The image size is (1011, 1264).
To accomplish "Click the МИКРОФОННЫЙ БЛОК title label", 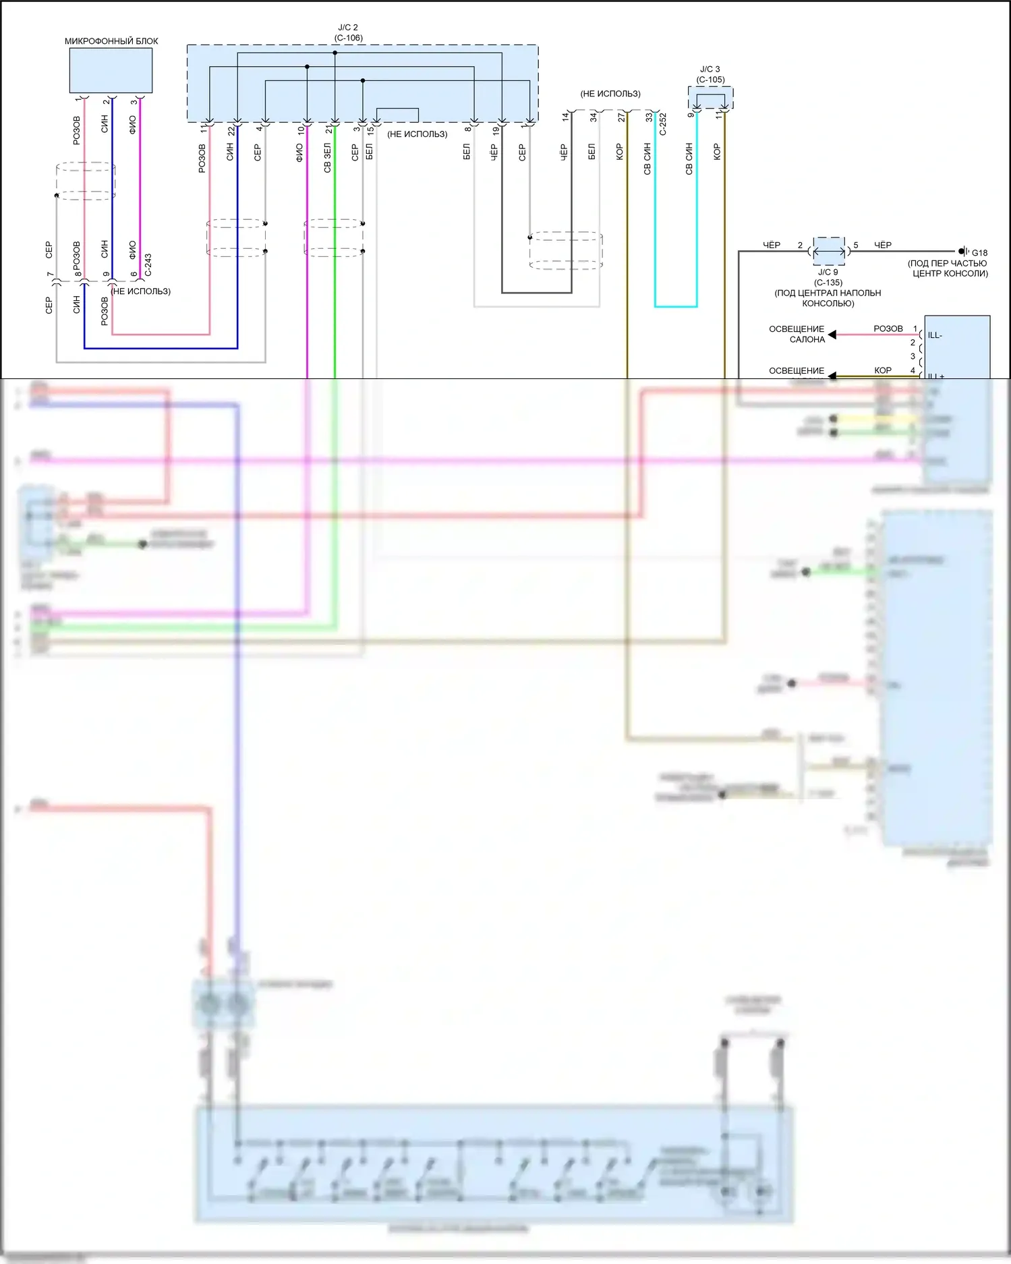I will point(111,41).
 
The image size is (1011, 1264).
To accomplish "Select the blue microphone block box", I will point(111,71).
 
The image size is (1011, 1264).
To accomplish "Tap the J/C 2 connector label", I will point(348,28).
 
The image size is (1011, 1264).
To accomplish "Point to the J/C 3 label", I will point(710,69).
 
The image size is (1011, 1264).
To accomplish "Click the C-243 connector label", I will point(148,265).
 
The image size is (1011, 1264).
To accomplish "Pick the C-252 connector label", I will point(663,124).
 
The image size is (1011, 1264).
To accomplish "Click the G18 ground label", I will point(979,253).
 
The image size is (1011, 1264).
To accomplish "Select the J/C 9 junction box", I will point(829,251).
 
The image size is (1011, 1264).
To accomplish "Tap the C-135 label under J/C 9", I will point(828,283).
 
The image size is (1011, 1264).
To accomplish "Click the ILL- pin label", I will point(935,335).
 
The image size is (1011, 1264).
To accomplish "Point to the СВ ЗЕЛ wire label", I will point(328,158).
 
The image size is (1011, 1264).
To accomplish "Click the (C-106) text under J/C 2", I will point(348,38).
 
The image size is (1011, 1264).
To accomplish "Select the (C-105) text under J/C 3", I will point(710,80).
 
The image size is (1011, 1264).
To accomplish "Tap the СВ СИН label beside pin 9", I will point(689,159).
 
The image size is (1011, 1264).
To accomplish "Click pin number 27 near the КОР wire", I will point(621,117).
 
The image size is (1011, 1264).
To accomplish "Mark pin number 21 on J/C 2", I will point(328,129).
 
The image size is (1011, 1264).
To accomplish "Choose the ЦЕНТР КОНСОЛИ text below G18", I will point(950,273).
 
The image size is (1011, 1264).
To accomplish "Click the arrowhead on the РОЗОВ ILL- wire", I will point(832,335).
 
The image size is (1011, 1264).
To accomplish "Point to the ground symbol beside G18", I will point(964,252).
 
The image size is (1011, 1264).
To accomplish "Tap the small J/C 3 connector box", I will point(710,98).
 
